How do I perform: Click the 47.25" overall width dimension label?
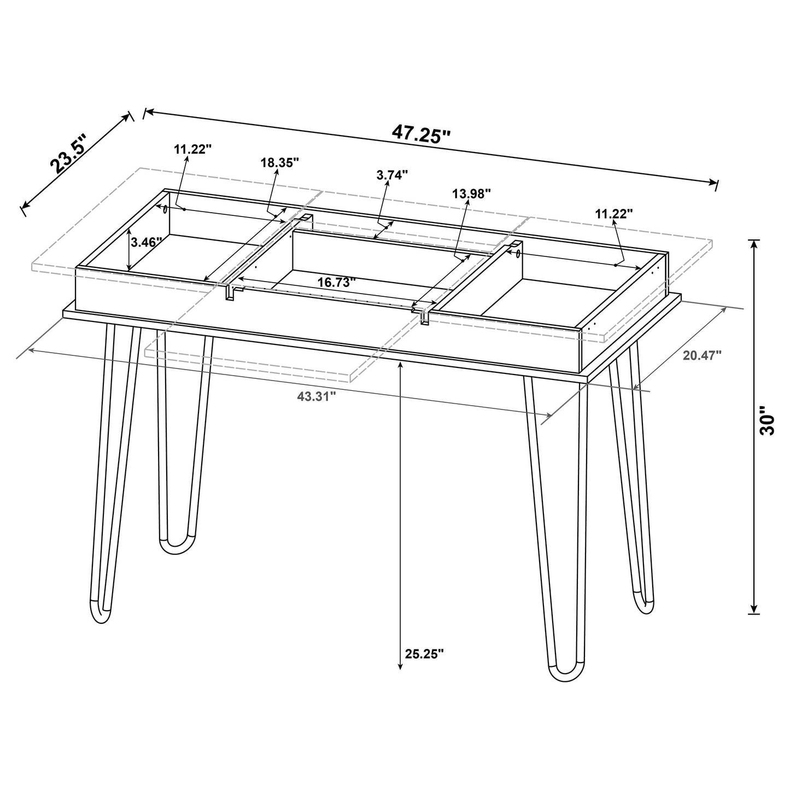420,133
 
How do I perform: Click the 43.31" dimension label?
316,397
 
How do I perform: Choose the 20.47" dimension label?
702,355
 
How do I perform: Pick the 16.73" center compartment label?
337,282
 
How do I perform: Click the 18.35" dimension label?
279,162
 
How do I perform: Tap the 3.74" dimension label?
392,175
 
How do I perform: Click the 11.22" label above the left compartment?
192,149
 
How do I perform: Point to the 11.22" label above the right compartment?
614,214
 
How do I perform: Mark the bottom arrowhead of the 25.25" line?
400,665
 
